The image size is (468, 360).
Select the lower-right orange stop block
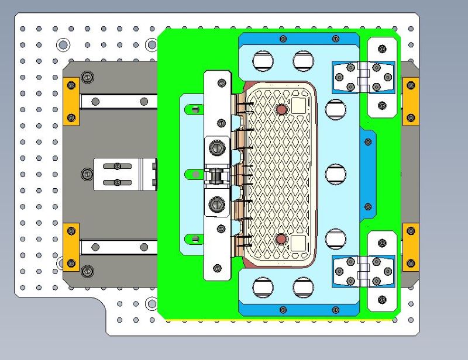411,247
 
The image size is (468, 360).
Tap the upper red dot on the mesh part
281,109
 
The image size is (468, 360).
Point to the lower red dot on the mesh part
281,238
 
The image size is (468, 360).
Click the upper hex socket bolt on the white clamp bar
218,148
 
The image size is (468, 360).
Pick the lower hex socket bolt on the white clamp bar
218,205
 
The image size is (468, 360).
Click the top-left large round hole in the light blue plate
262,60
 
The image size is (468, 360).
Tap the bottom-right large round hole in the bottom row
303,287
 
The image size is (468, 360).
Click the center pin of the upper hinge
363,77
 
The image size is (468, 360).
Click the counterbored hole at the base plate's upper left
63,44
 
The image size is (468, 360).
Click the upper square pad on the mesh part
298,106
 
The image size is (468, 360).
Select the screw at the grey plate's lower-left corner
88,270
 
